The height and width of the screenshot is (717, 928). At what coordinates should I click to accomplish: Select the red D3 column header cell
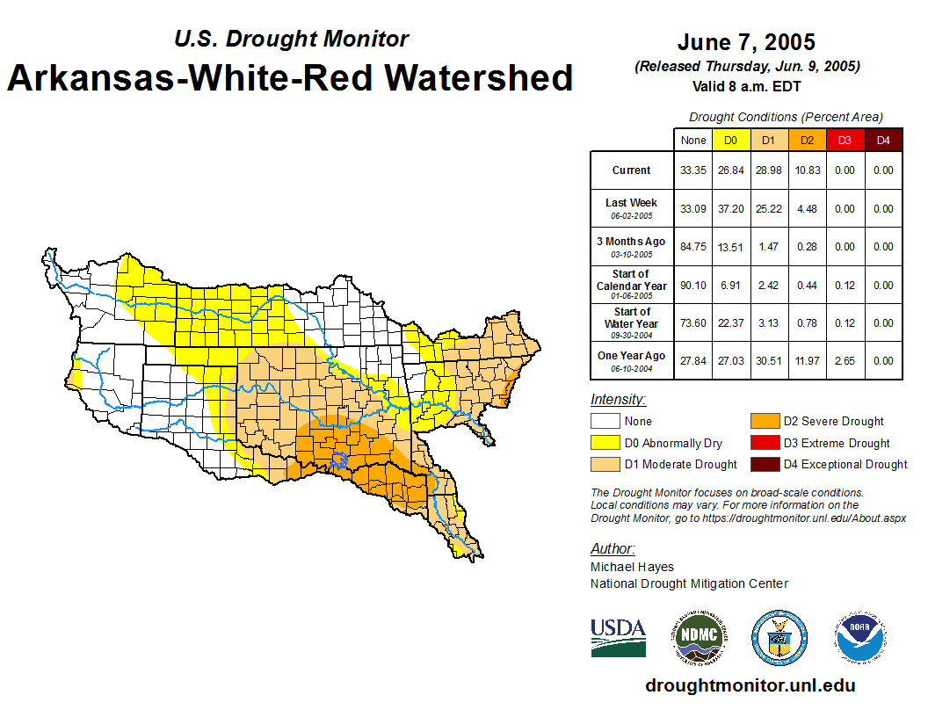[x=844, y=141]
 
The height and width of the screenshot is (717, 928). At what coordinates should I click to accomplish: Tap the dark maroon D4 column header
[x=883, y=141]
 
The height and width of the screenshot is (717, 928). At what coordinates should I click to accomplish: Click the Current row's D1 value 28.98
[x=767, y=170]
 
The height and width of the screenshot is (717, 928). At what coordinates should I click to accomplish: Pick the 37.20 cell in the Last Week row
[x=730, y=209]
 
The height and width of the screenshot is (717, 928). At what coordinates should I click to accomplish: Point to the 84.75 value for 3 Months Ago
[x=693, y=247]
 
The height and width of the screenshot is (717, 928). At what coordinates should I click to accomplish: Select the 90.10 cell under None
[x=693, y=286]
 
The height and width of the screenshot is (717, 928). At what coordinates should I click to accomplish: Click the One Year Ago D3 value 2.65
[x=844, y=360]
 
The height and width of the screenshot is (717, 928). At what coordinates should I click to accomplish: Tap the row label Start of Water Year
[x=632, y=322]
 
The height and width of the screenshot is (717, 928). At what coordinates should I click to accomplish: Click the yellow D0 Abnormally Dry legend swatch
[x=604, y=443]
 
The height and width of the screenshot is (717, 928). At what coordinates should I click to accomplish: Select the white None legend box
[x=604, y=422]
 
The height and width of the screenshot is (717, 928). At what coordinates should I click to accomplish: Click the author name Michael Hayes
[x=632, y=567]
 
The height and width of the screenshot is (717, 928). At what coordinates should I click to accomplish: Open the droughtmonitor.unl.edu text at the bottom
[x=750, y=685]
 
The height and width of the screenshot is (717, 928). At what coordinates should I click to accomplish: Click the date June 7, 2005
[x=746, y=42]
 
